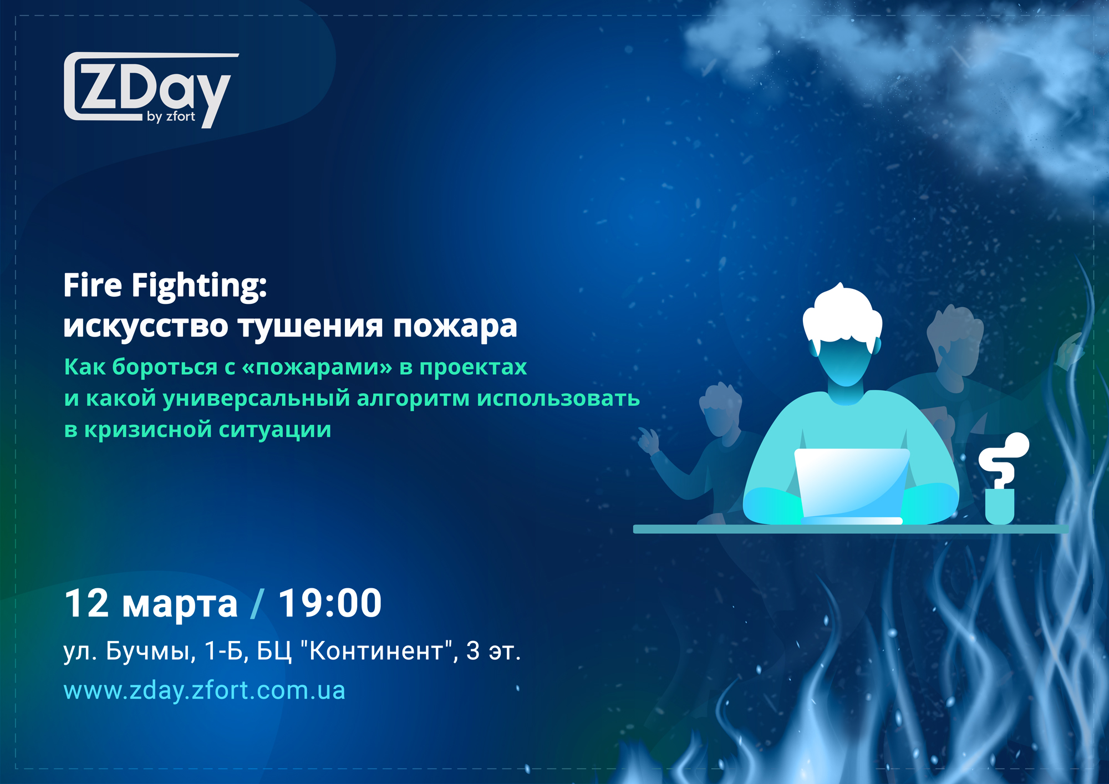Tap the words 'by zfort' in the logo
[x=171, y=116]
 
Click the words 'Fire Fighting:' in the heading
[x=165, y=286]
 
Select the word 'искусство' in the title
[x=145, y=326]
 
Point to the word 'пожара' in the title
[x=455, y=327]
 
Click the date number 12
[x=87, y=603]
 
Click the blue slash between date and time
[x=257, y=603]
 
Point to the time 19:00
[x=330, y=603]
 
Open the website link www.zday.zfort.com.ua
[x=204, y=691]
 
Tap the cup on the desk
[x=999, y=506]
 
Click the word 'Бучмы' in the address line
[x=150, y=651]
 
